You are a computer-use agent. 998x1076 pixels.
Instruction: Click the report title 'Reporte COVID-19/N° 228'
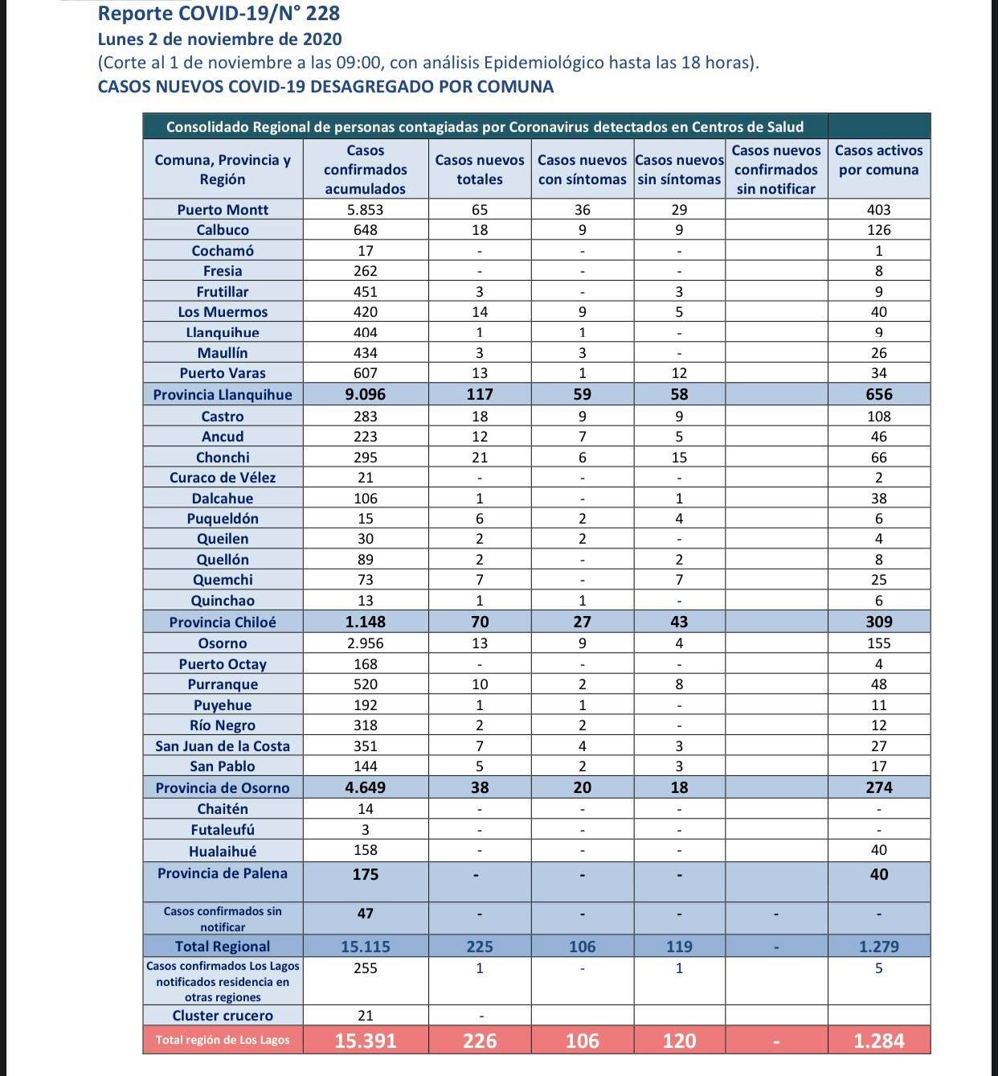point(219,14)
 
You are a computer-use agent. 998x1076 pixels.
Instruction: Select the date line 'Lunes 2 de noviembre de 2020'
point(219,39)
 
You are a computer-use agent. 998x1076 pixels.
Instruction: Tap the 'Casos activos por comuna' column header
point(878,160)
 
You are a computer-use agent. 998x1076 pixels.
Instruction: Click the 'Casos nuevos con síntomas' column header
point(582,170)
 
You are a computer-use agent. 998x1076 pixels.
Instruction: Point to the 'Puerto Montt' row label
point(223,209)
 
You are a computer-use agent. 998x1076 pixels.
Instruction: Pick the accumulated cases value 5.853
point(365,209)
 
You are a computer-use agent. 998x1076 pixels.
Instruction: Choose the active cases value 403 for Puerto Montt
point(878,209)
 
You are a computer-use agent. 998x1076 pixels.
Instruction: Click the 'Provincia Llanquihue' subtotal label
point(223,394)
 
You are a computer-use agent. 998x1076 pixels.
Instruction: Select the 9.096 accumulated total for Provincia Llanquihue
point(365,394)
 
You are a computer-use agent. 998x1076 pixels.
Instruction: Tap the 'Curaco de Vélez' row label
point(223,477)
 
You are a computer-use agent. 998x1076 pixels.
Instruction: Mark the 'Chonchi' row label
point(223,457)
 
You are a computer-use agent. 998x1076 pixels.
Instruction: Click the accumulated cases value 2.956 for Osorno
point(365,643)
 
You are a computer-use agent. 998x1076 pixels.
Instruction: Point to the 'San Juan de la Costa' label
point(223,745)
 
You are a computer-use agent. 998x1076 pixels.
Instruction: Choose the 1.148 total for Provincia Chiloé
point(365,622)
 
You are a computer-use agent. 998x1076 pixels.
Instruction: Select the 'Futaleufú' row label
point(223,829)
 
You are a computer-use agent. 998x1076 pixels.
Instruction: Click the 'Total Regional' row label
point(223,946)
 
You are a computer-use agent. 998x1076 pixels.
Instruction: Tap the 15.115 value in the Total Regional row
point(365,946)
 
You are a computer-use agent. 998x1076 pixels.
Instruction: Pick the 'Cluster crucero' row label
point(223,1015)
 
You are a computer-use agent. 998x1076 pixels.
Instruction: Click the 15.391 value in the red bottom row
point(365,1040)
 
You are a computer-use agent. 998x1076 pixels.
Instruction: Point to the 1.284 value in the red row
point(878,1040)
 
